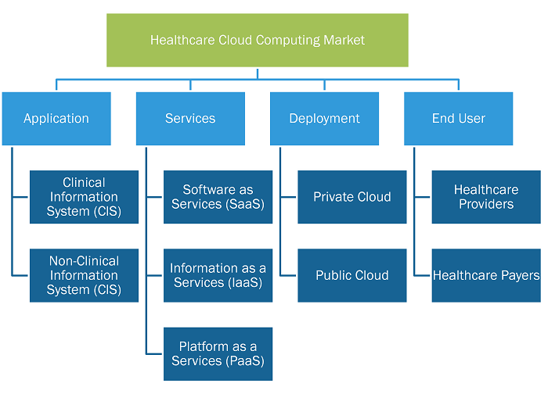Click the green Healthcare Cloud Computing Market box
point(258,40)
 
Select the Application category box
point(56,119)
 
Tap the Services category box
point(190,119)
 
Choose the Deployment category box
point(324,119)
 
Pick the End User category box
point(459,119)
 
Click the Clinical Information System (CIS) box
point(84,197)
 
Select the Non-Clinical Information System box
point(84,275)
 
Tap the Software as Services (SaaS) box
point(218,197)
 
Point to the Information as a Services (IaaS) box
point(218,275)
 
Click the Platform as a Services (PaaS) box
point(218,354)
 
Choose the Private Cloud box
point(352,197)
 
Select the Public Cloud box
point(352,275)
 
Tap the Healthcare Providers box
point(486,197)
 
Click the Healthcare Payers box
point(486,275)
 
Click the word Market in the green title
point(344,40)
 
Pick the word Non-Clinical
point(84,261)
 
